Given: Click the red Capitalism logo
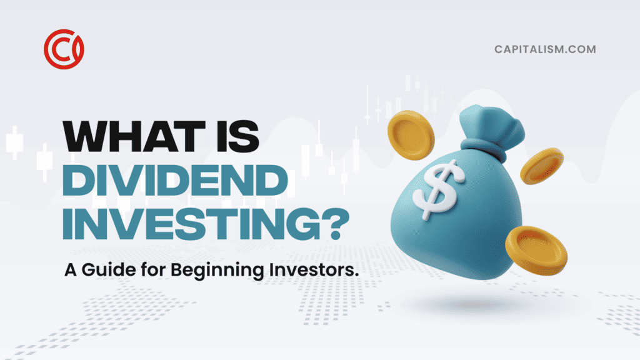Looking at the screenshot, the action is tap(64, 49).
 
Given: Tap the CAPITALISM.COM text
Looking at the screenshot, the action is tap(545, 49).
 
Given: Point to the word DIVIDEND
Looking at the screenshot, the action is tap(176, 180).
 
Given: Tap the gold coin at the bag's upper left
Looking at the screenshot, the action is tap(410, 135).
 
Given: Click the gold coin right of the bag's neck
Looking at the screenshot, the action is tap(542, 166).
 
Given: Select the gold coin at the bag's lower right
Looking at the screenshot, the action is tap(536, 250).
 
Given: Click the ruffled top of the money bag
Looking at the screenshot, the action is tap(490, 123).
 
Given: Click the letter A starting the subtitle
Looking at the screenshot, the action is tap(71, 270).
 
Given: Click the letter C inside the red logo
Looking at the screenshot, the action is tap(61, 49).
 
